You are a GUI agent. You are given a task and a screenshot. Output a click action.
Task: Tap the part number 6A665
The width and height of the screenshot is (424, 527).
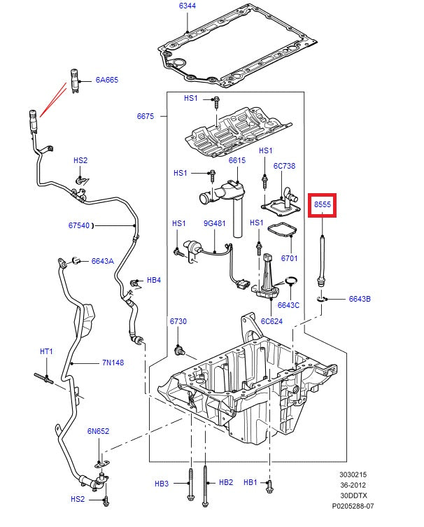pos(107,80)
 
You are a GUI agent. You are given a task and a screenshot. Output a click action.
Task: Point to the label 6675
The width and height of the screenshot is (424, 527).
pos(146,116)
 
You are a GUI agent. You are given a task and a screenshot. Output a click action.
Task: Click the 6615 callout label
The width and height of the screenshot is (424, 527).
pos(237,160)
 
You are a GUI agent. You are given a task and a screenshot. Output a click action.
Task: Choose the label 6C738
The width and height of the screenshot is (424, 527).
pos(284,166)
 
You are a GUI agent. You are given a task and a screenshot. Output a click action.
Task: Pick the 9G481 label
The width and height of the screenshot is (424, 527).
pos(214,223)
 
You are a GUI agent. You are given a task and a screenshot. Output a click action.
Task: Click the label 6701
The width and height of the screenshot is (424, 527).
pos(290,258)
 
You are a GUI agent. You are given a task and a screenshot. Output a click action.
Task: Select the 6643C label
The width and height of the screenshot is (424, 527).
pos(288,304)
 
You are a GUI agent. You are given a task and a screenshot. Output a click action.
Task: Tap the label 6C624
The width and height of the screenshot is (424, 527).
pos(271,322)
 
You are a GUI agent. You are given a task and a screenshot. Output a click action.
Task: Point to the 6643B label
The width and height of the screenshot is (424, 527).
pos(360,299)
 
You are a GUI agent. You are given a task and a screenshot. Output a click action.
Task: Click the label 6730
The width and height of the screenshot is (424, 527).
pos(178,321)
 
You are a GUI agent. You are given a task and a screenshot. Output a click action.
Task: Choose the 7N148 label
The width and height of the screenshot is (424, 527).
pos(113,363)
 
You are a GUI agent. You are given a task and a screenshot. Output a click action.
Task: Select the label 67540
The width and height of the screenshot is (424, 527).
pos(79,225)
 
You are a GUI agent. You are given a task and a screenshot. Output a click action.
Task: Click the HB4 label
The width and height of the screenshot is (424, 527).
pos(153,280)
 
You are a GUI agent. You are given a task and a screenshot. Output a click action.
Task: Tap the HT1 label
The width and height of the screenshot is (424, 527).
pos(46,351)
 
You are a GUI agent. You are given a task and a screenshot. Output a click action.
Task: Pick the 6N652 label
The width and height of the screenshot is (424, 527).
pos(98,431)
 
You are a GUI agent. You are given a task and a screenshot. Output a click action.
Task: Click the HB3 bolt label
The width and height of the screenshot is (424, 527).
pos(162,483)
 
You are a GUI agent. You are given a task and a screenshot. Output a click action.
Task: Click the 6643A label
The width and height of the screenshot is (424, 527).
pos(102,261)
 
